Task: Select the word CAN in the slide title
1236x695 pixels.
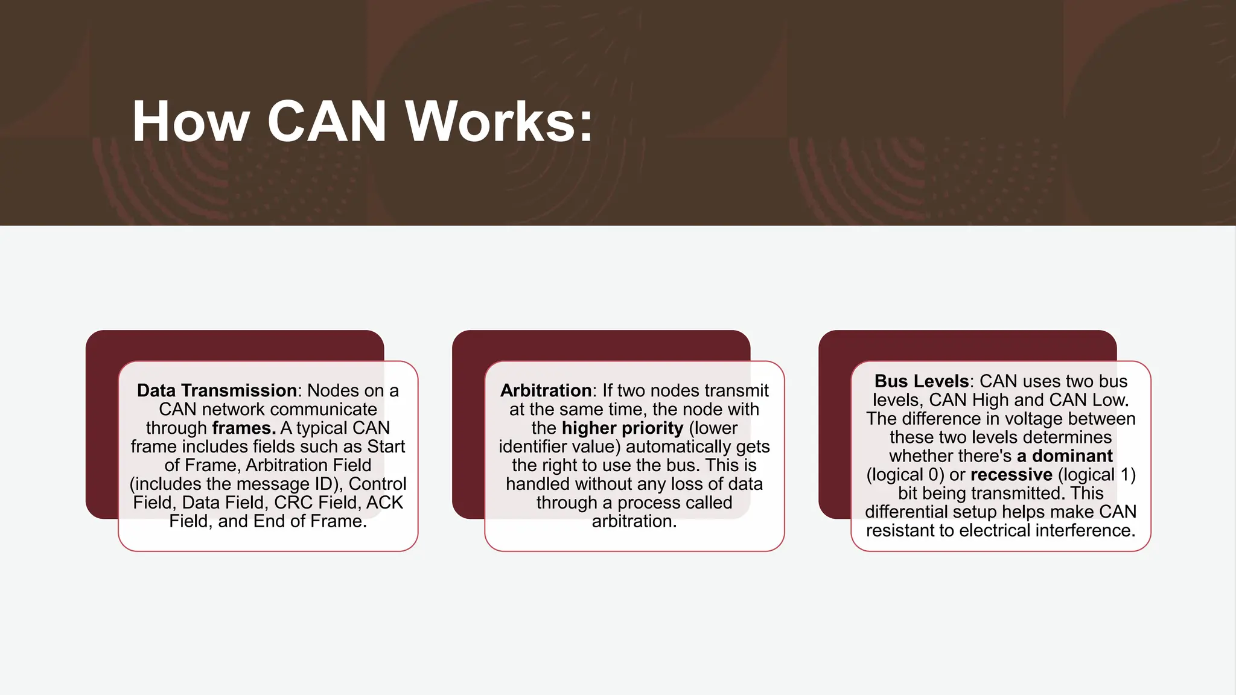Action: [x=327, y=122]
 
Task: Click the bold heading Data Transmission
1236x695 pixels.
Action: [x=217, y=390]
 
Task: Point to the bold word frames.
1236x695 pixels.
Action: [x=244, y=428]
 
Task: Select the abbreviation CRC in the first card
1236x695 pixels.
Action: [x=293, y=503]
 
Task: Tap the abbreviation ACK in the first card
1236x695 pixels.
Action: [x=384, y=503]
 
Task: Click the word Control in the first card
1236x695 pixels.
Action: [x=377, y=484]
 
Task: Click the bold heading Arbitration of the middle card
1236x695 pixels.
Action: [x=546, y=390]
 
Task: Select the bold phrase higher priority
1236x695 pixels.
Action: [x=622, y=428]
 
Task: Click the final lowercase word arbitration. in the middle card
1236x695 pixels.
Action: [x=634, y=521]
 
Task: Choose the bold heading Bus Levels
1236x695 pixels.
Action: [x=921, y=381]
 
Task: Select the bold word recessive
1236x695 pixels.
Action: [x=1011, y=475]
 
